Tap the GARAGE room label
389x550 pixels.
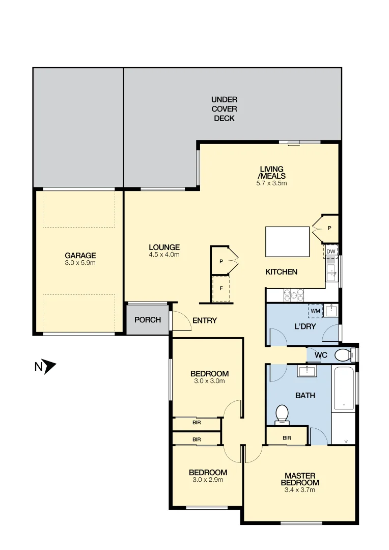pos(80,256)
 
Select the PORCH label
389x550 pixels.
pos(148,320)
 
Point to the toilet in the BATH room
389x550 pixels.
pos(282,414)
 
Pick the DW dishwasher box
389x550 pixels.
pos(331,251)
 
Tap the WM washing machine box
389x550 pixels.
pos(315,310)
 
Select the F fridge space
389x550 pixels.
pos(221,289)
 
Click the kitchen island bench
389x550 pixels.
pos(288,242)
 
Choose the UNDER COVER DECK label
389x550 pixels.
pos(225,109)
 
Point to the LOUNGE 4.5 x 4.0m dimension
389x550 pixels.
pos(164,254)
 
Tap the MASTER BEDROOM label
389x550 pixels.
pos(300,479)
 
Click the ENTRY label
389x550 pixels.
pos(205,320)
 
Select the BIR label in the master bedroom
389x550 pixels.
pos(287,437)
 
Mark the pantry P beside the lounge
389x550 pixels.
pos(221,261)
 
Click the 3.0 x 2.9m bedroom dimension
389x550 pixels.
pos(208,479)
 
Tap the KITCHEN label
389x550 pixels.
pos(281,272)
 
